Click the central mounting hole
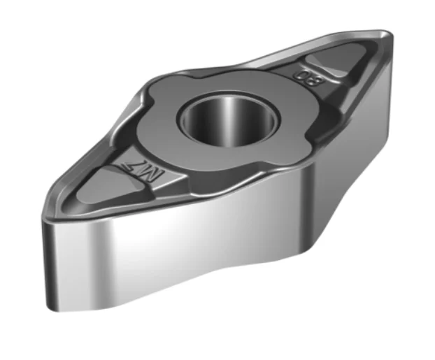(227, 117)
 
